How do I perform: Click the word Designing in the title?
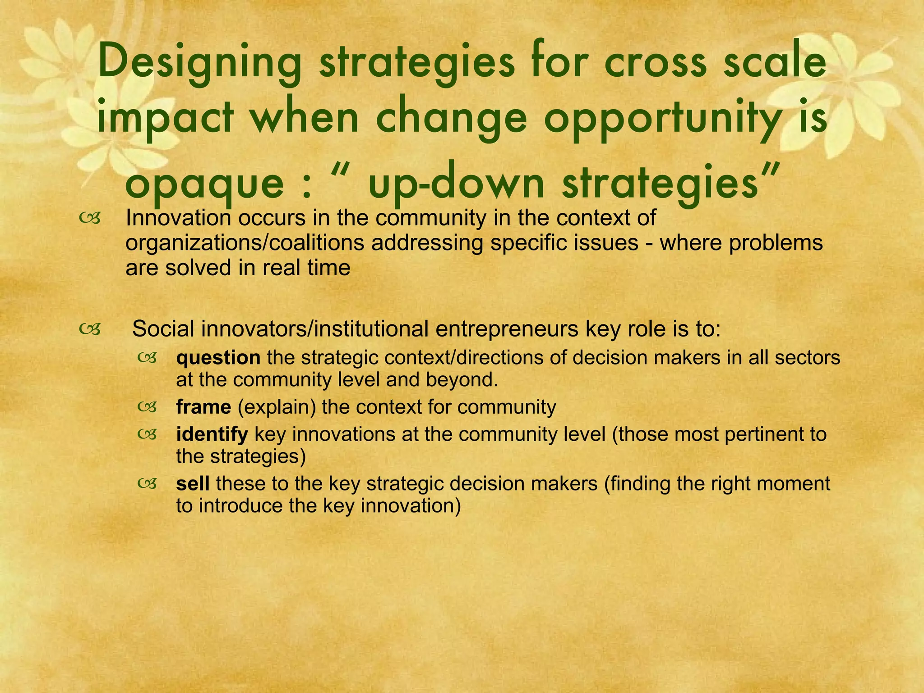pos(199,63)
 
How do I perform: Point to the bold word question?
pos(218,358)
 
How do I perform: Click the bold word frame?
pos(203,407)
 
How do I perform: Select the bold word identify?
pos(212,434)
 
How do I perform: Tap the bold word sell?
pos(193,484)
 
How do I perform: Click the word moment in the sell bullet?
pos(794,484)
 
